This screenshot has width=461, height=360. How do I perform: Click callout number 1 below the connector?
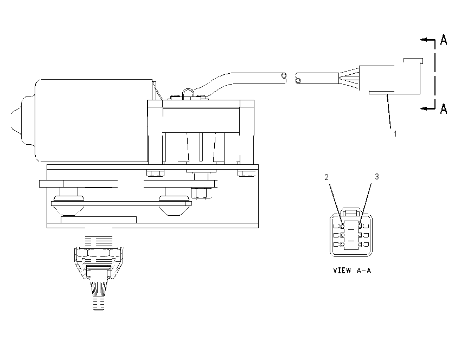[x=395, y=134]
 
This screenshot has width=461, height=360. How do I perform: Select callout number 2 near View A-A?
[x=326, y=177]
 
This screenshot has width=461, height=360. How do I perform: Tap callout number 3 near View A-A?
[x=376, y=177]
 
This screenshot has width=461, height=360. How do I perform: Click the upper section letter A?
[x=444, y=40]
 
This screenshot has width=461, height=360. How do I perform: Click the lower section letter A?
[x=444, y=108]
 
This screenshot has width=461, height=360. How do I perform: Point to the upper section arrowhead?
[x=424, y=40]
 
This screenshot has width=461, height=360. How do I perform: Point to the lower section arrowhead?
[x=424, y=108]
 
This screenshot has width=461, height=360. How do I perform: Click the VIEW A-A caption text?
[x=352, y=270]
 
